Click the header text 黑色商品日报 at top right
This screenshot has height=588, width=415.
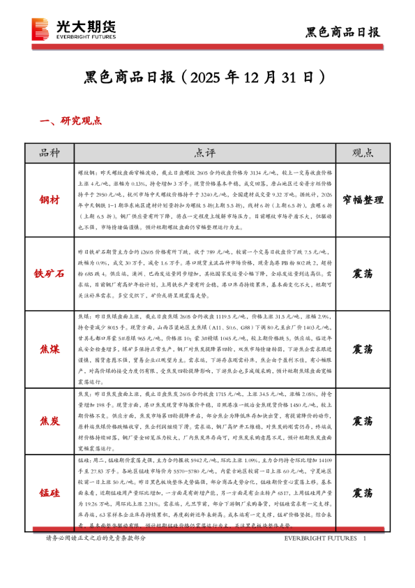pos(344,32)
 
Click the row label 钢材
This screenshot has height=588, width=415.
pos(50,199)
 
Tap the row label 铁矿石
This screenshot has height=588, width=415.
pos(50,272)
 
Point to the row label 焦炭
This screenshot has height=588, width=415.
pos(50,421)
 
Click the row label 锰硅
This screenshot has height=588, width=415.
pos(50,492)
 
